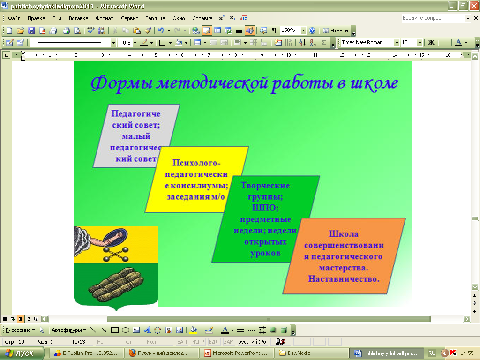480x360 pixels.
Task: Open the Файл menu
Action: point(14,18)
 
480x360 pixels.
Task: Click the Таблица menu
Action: point(155,18)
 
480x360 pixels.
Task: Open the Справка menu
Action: point(202,18)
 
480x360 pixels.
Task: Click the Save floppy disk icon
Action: point(31,30)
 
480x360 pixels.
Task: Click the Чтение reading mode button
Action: point(336,30)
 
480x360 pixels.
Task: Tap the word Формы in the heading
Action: point(121,83)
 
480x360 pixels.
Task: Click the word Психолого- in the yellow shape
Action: point(196,163)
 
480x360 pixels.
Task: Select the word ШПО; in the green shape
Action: point(265,208)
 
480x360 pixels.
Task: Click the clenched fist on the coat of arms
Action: point(118,236)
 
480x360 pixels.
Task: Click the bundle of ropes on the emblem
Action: point(116,285)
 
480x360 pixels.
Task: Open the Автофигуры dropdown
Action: point(68,330)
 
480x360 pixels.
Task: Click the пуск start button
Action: point(22,353)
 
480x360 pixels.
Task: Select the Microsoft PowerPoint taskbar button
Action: point(236,353)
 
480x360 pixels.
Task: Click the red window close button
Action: point(474,6)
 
